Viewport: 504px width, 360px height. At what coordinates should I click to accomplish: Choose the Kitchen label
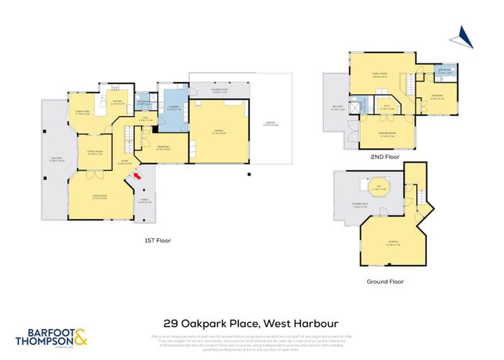pyautogui.click(x=120, y=102)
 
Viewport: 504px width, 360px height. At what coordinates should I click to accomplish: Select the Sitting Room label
pyautogui.click(x=95, y=152)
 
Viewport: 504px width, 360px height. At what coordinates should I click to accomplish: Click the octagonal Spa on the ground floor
pyautogui.click(x=375, y=189)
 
